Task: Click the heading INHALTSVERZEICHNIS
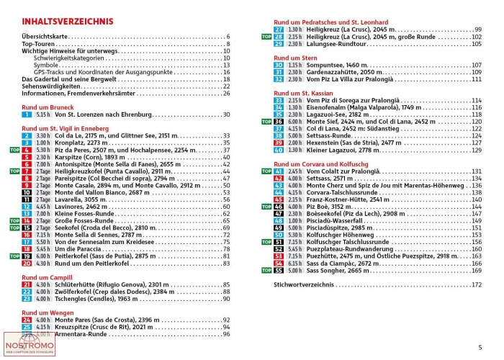click(67, 21)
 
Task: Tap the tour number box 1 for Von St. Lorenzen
click(27, 114)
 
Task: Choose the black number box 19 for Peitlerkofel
click(27, 256)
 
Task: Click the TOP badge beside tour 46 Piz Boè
click(266, 207)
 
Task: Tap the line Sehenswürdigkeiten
click(51, 86)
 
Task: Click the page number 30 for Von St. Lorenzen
click(226, 114)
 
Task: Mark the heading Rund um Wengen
click(48, 312)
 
